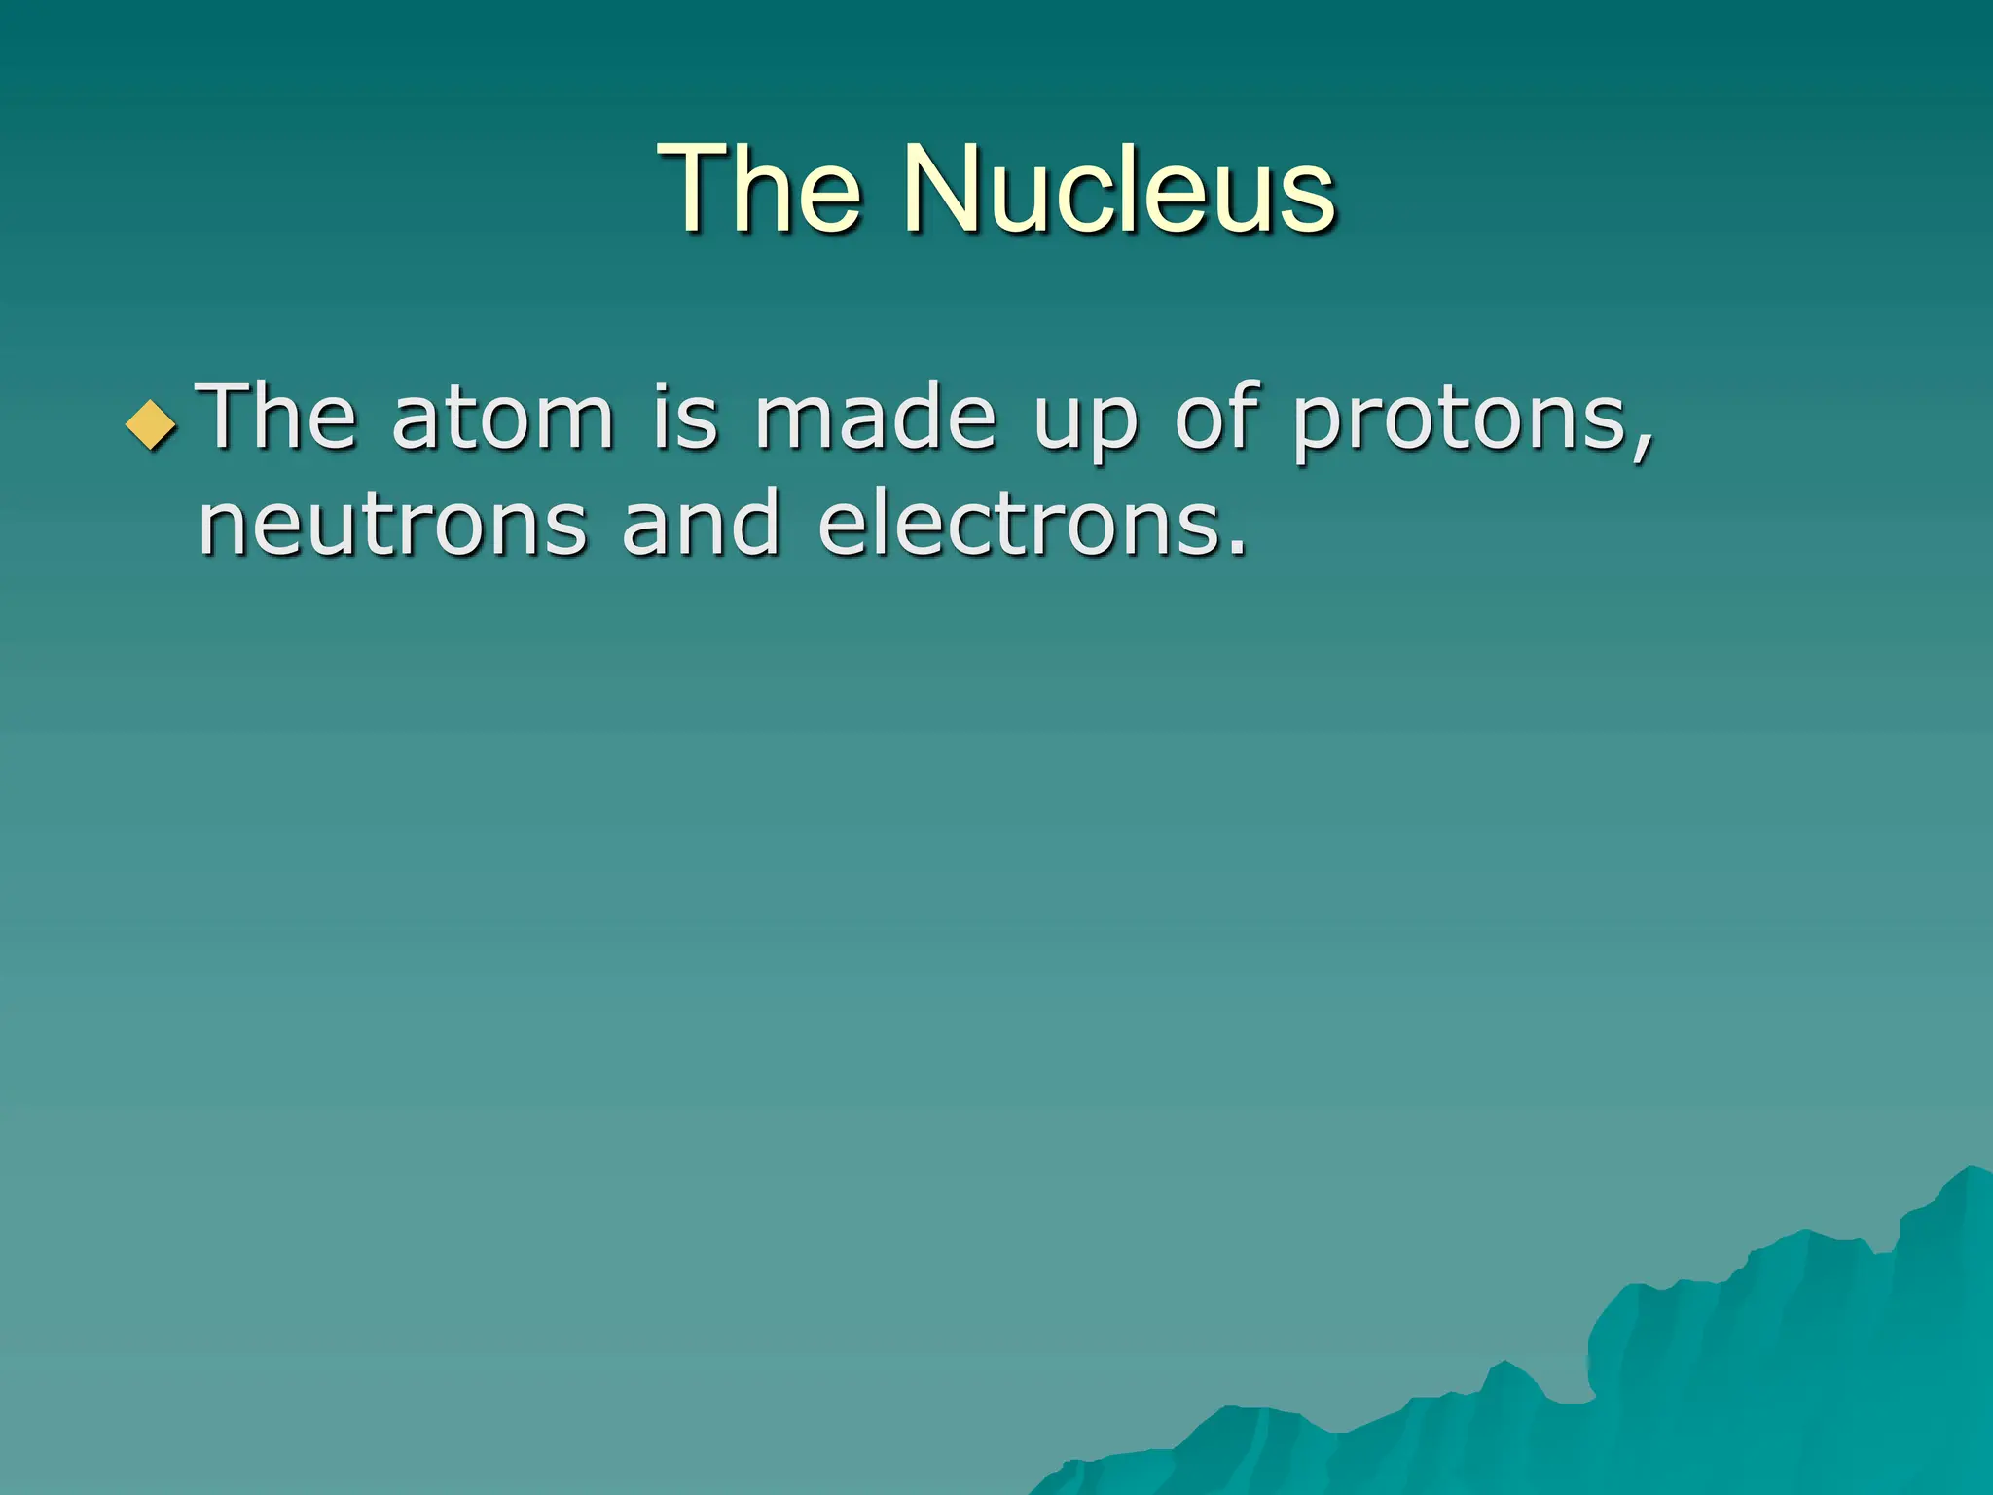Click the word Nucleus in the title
[x=1119, y=190]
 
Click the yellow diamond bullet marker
[x=152, y=425]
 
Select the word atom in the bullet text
[x=503, y=419]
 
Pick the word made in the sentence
[x=876, y=419]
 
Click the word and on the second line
[x=701, y=526]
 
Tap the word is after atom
[x=685, y=419]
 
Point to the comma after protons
[x=1643, y=448]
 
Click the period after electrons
[x=1236, y=550]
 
